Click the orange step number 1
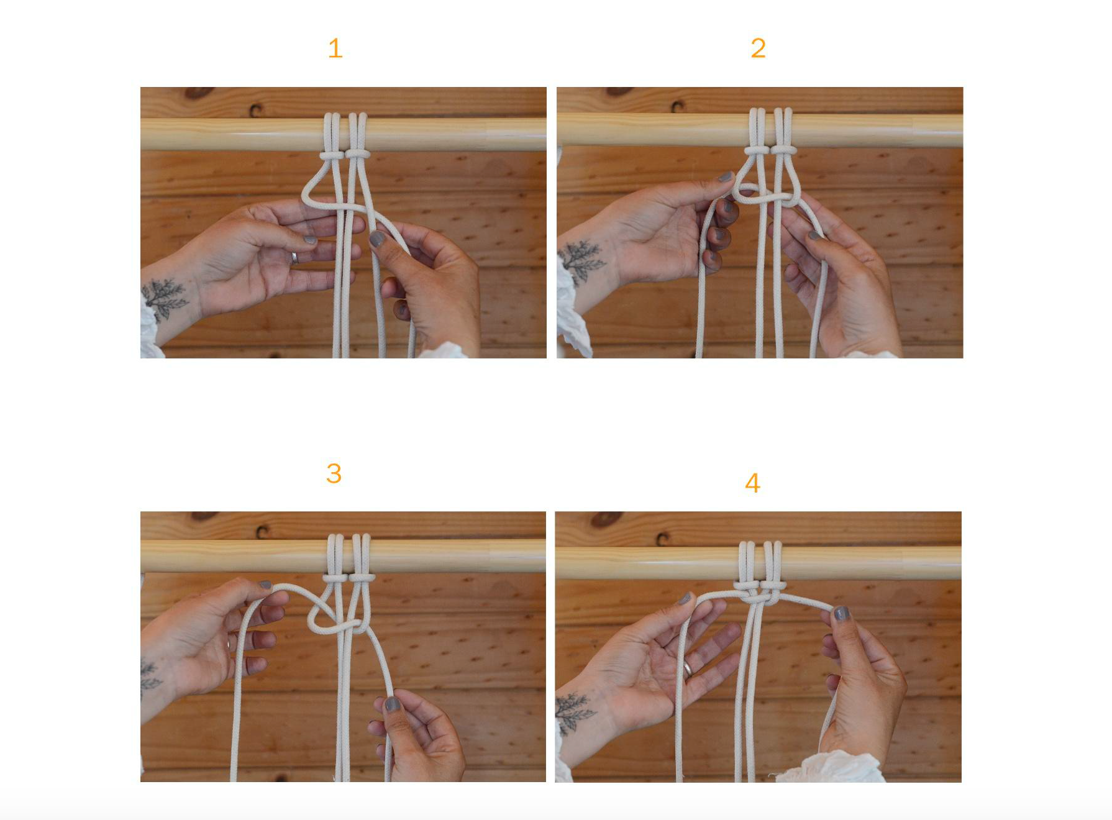click(x=335, y=48)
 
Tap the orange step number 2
click(x=758, y=48)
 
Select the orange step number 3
click(x=334, y=474)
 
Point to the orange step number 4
click(x=752, y=483)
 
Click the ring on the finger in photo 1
click(x=294, y=257)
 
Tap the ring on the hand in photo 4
click(x=688, y=669)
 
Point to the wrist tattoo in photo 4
click(x=575, y=713)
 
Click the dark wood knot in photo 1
click(x=199, y=93)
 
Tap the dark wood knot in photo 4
click(x=606, y=519)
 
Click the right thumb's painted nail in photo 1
click(x=376, y=239)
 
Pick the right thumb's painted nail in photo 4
click(x=842, y=614)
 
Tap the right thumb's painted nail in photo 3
click(x=392, y=704)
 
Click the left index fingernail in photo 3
click(x=265, y=585)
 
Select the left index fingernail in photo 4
click(x=685, y=598)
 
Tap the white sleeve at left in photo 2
click(x=572, y=311)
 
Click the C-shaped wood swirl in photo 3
click(x=262, y=532)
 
